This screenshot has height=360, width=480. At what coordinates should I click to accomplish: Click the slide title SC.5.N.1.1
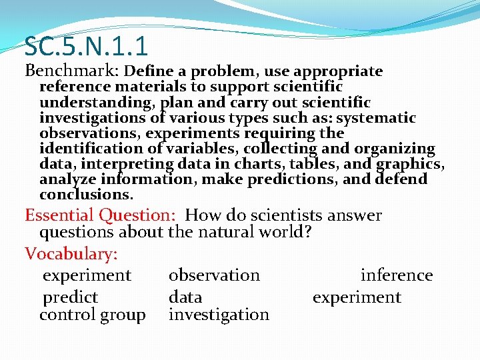pos(86,46)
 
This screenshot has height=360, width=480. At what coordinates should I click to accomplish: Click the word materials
pos(153,87)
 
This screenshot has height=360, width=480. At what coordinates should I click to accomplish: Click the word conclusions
pos(86,195)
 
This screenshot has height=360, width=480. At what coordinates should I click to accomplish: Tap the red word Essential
pos(61,215)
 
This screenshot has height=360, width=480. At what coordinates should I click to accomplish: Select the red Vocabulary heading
pos(71,254)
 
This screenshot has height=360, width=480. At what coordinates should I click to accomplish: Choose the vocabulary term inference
pos(397,275)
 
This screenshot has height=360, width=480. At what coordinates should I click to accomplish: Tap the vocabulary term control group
pos(93,314)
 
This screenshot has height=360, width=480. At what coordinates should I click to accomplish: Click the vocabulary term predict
pos(70,297)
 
